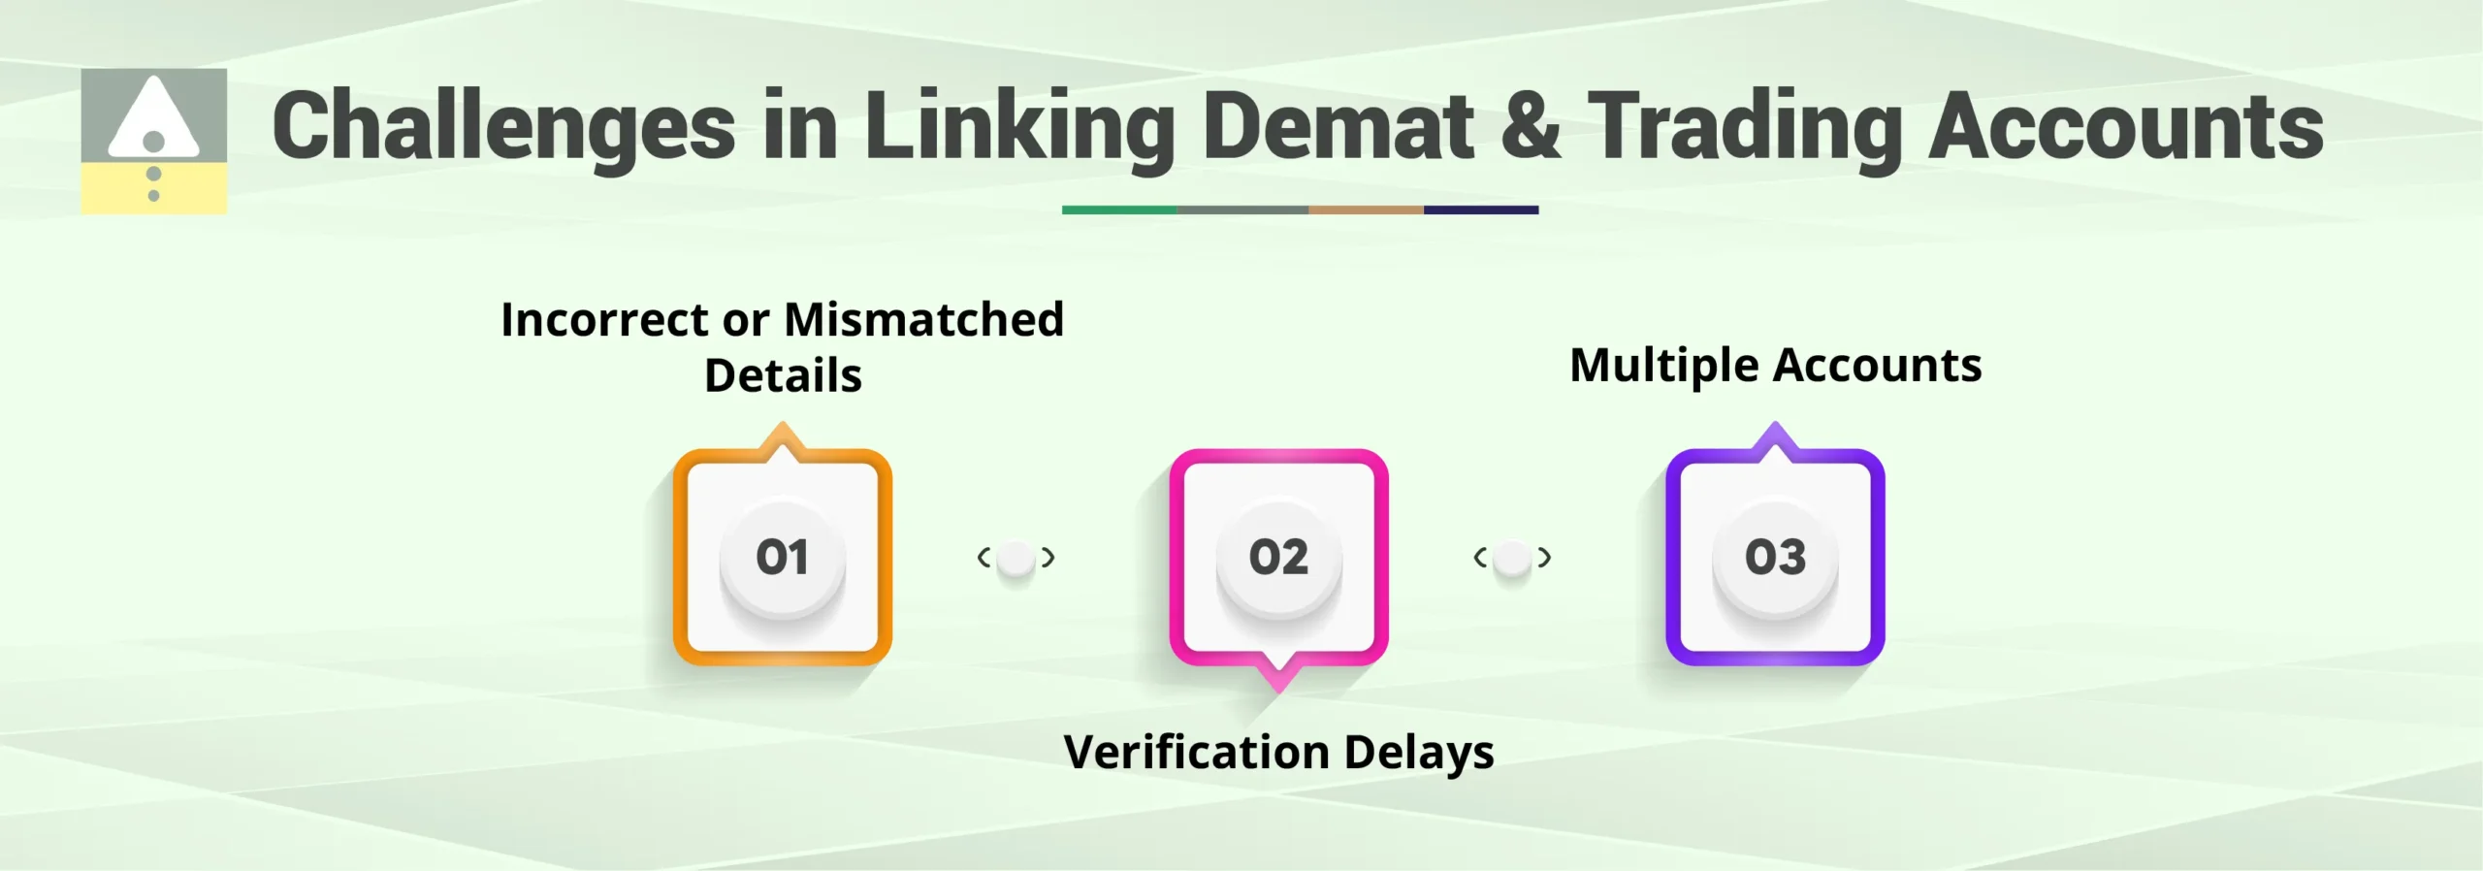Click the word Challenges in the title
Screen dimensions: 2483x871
coord(503,127)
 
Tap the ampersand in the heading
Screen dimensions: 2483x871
coord(1530,125)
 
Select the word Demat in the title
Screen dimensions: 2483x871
coord(1338,125)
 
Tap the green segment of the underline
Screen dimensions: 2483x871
coord(1118,210)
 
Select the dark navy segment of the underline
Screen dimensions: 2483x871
coord(1480,210)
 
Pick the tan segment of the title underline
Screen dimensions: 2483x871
coord(1365,210)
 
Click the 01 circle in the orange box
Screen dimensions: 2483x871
coord(782,558)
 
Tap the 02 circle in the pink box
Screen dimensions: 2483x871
coord(1278,558)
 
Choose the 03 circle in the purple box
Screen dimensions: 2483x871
coord(1775,558)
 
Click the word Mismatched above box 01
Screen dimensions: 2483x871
coord(923,319)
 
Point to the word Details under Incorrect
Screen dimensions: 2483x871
coord(783,375)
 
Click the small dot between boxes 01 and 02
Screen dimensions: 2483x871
coord(1016,558)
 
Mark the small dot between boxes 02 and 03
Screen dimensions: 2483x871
coord(1512,558)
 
